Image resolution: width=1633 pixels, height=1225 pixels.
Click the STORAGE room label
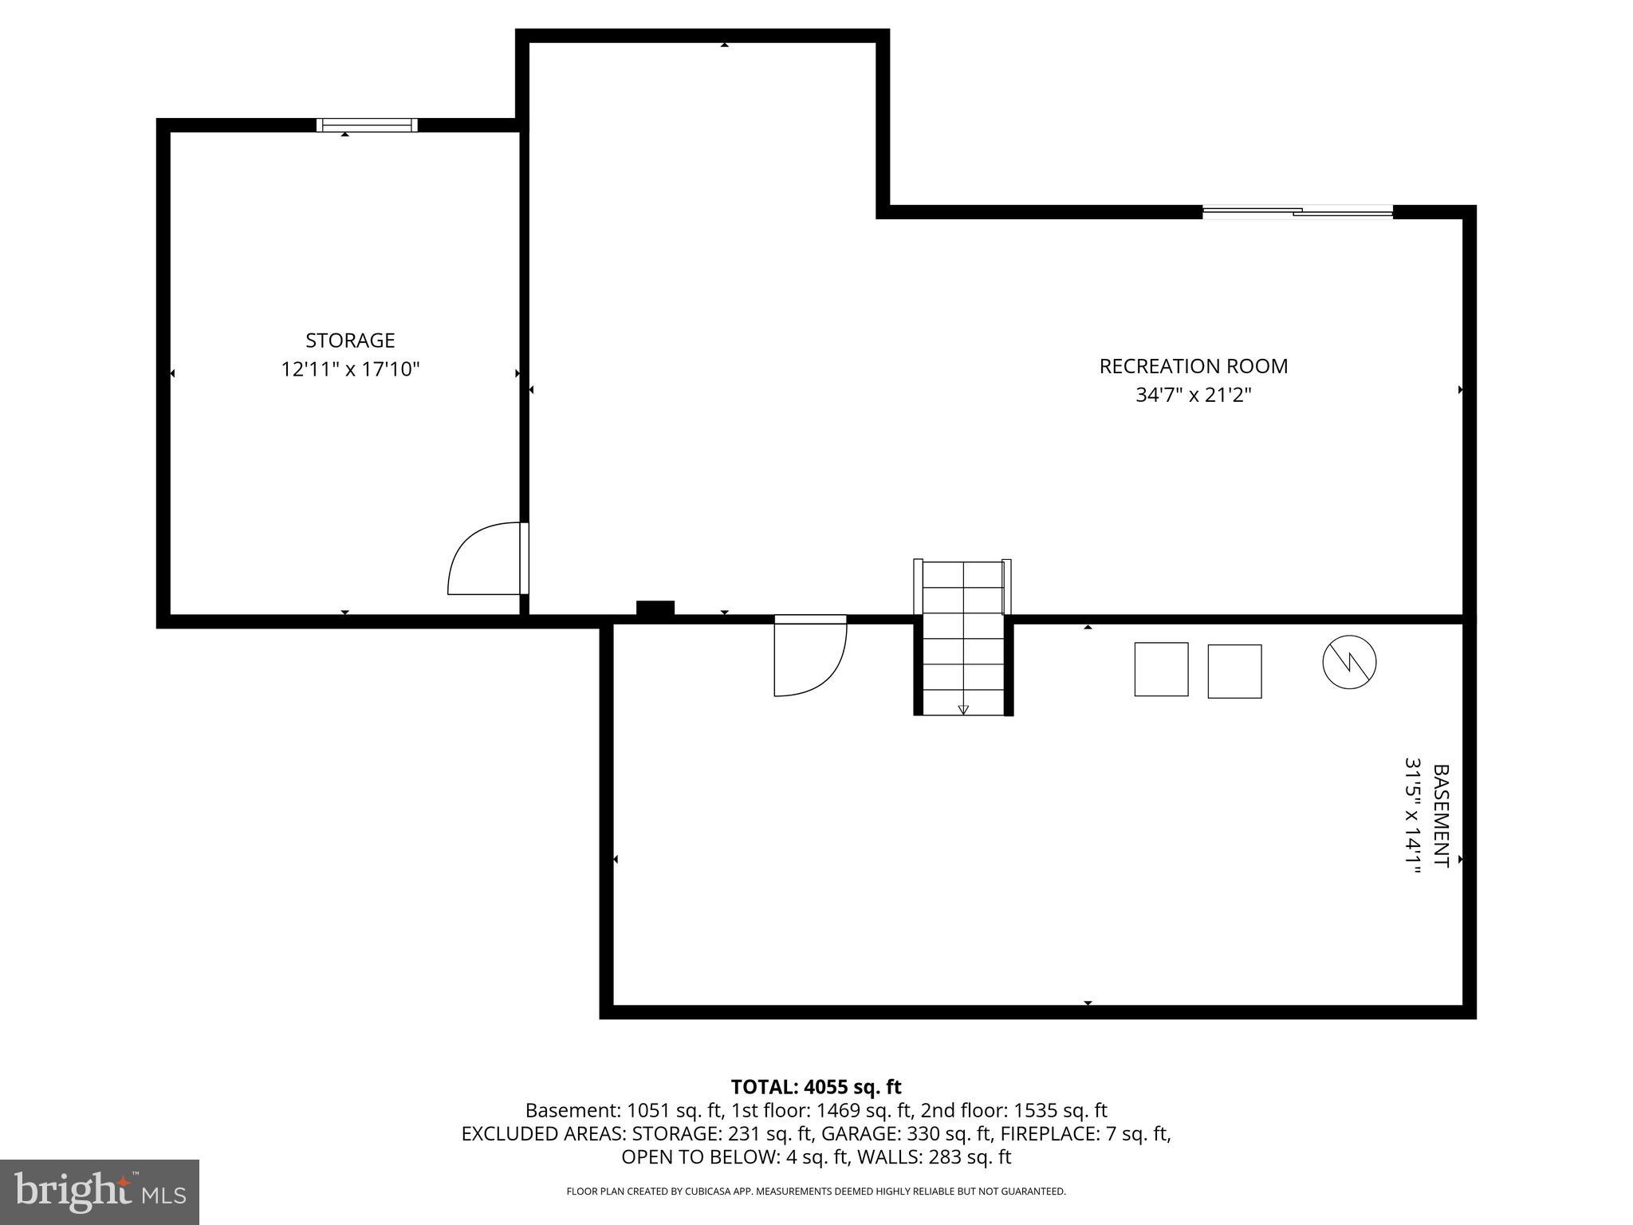(x=350, y=341)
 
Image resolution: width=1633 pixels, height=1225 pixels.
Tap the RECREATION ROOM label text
(x=1193, y=366)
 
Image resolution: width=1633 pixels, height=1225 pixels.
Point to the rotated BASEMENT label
(x=1440, y=815)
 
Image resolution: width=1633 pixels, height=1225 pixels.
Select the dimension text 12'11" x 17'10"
(x=350, y=369)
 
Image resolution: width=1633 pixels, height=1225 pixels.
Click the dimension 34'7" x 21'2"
(x=1193, y=395)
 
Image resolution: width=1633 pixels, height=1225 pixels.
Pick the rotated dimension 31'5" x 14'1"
(x=1412, y=815)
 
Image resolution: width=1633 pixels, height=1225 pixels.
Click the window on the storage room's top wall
(x=367, y=124)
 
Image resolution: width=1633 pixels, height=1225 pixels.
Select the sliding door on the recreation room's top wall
(x=1297, y=211)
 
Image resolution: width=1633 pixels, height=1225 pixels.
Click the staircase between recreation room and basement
(x=962, y=638)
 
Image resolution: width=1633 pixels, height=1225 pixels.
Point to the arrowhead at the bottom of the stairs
(x=962, y=709)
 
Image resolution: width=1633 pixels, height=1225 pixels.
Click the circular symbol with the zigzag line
(x=1349, y=662)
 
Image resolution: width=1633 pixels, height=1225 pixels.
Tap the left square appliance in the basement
(x=1161, y=669)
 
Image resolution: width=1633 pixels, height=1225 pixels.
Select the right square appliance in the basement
(x=1234, y=671)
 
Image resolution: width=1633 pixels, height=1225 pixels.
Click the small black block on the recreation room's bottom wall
(x=655, y=608)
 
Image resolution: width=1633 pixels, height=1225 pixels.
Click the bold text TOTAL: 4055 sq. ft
(x=816, y=1086)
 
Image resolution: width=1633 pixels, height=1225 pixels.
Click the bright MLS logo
(x=100, y=1192)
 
